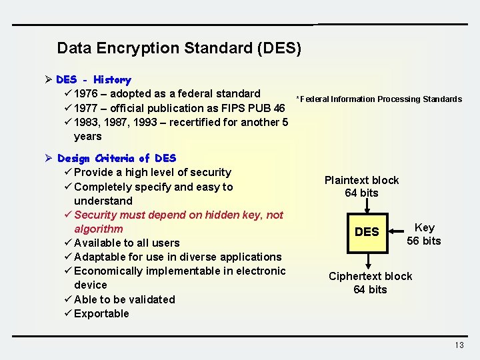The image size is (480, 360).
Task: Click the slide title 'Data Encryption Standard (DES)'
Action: pos(179,48)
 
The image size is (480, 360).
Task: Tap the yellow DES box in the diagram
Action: pos(367,232)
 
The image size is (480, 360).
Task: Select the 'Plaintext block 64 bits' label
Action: pos(361,187)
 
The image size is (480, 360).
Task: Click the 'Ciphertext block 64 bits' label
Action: pos(370,283)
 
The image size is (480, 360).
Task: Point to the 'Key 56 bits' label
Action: pos(424,234)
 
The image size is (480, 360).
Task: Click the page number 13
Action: pos(459,345)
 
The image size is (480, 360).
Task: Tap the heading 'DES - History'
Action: pos(93,80)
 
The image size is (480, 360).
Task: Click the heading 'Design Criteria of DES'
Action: pos(117,158)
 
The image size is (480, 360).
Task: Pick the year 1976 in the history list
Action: pos(86,94)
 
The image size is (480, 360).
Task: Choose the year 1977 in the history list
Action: pos(86,108)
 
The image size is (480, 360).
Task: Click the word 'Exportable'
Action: pos(101,313)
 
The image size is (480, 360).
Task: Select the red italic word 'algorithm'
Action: pos(99,229)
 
